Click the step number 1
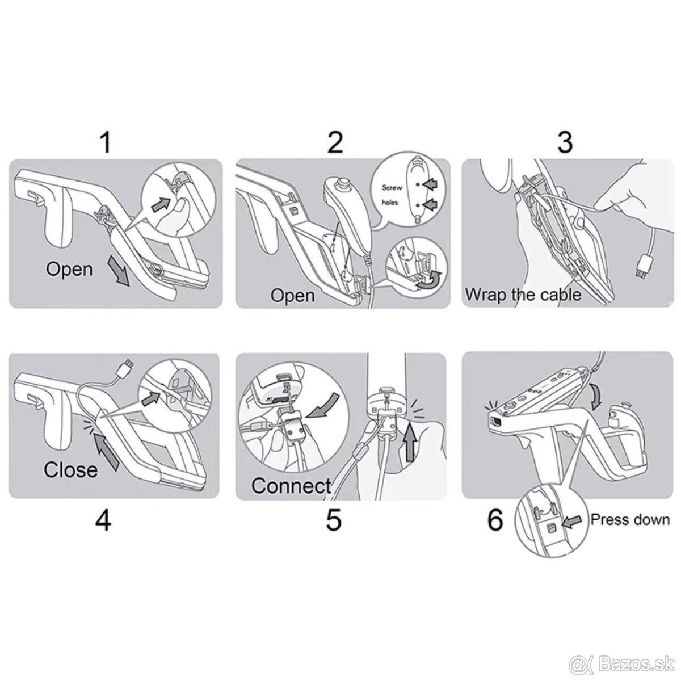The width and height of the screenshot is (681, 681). point(104,143)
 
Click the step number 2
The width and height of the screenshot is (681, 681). point(335,142)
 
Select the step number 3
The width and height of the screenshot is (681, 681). point(565,142)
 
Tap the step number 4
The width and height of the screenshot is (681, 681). point(103,520)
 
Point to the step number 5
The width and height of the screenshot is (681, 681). point(334,520)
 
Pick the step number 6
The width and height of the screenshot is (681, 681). point(495,520)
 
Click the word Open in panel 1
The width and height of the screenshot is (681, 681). point(69,268)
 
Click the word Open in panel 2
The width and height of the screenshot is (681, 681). point(292,295)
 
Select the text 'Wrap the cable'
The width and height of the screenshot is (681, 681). point(523,295)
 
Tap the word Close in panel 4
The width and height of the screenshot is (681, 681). point(71,469)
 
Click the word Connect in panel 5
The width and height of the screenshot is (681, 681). point(291,486)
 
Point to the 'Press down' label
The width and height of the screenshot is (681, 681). point(630,519)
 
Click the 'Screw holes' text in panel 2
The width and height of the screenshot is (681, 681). point(392,195)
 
